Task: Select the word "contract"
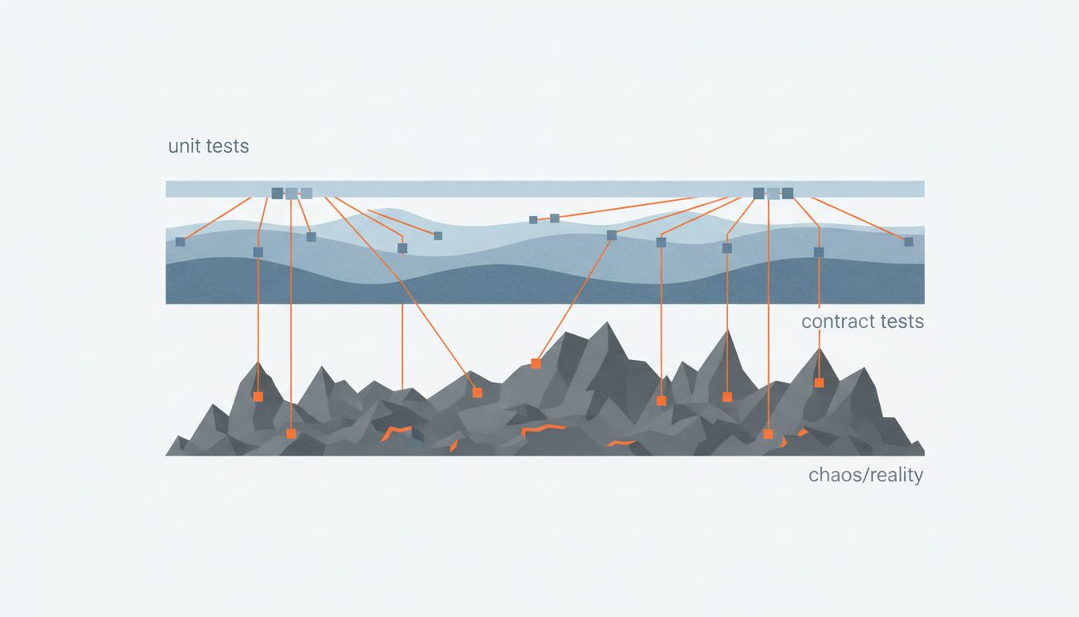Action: [837, 322]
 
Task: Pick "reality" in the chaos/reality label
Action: [894, 475]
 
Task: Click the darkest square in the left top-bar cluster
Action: [277, 193]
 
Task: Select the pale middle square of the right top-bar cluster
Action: [773, 193]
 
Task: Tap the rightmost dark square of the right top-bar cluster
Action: [788, 193]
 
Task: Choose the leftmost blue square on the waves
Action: [180, 242]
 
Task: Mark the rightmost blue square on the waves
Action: [908, 242]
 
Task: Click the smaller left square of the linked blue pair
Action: [533, 219]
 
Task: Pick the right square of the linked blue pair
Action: [554, 218]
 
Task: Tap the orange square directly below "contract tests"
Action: [819, 382]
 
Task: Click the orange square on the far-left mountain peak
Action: [258, 396]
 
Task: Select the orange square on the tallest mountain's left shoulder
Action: [535, 364]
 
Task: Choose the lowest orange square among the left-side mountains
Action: [291, 434]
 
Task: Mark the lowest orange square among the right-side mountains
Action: [768, 434]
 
